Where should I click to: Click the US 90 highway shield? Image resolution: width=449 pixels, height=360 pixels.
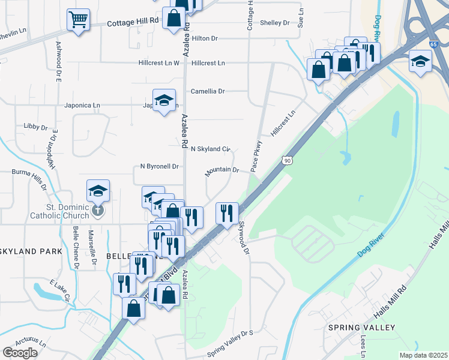click(288, 160)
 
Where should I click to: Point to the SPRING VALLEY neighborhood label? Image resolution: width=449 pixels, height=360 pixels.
click(361, 328)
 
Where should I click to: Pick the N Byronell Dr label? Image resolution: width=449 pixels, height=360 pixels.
click(160, 166)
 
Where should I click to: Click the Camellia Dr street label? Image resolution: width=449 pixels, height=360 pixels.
click(207, 92)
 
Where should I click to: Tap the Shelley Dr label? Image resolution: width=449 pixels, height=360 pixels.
click(275, 23)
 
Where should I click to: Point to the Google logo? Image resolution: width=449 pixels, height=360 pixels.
click(20, 352)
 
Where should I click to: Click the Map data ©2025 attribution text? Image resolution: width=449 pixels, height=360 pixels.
click(423, 355)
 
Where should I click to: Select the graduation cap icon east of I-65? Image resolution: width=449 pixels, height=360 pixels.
click(420, 61)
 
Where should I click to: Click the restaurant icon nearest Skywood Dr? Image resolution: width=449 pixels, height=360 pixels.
click(227, 213)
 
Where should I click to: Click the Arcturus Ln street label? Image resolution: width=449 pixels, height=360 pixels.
click(31, 341)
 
